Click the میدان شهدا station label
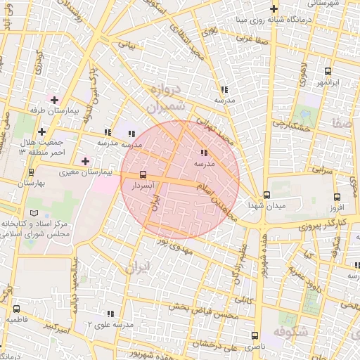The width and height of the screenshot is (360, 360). (266, 205)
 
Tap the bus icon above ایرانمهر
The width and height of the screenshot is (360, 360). (328, 72)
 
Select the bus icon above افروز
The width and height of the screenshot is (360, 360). (337, 197)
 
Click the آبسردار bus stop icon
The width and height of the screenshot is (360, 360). (143, 174)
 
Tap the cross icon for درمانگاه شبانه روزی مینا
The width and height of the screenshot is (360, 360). (274, 10)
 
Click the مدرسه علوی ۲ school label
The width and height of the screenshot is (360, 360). (110, 325)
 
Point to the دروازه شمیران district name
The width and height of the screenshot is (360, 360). (167, 98)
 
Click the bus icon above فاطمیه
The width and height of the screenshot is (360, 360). (16, 308)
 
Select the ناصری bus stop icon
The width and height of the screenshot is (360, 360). (254, 335)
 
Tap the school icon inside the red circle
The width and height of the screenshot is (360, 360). (204, 153)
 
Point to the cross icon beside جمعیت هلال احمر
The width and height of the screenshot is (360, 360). (41, 131)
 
